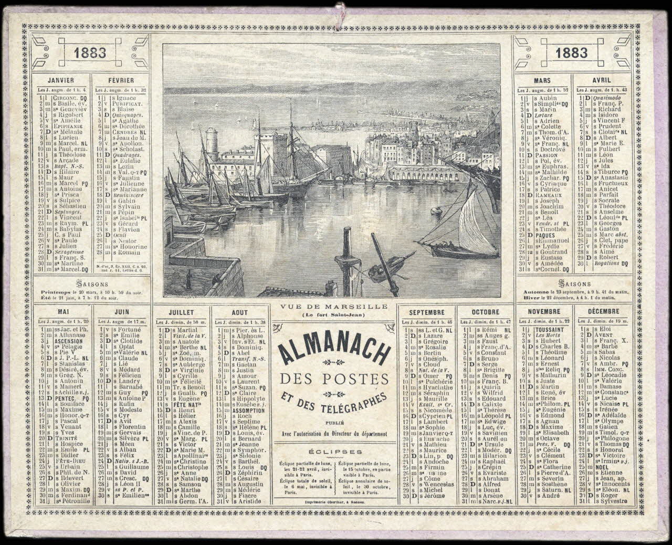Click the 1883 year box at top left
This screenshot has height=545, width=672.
pyautogui.click(x=90, y=53)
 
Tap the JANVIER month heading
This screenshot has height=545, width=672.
pyautogui.click(x=60, y=81)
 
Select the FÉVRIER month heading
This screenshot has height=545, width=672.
pyautogui.click(x=120, y=81)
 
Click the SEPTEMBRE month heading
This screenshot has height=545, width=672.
pyautogui.click(x=426, y=312)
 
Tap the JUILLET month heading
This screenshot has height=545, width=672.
pyautogui.click(x=182, y=312)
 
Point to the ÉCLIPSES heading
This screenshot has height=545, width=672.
pyautogui.click(x=335, y=451)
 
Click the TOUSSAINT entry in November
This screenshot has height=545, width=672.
pyautogui.click(x=550, y=329)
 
